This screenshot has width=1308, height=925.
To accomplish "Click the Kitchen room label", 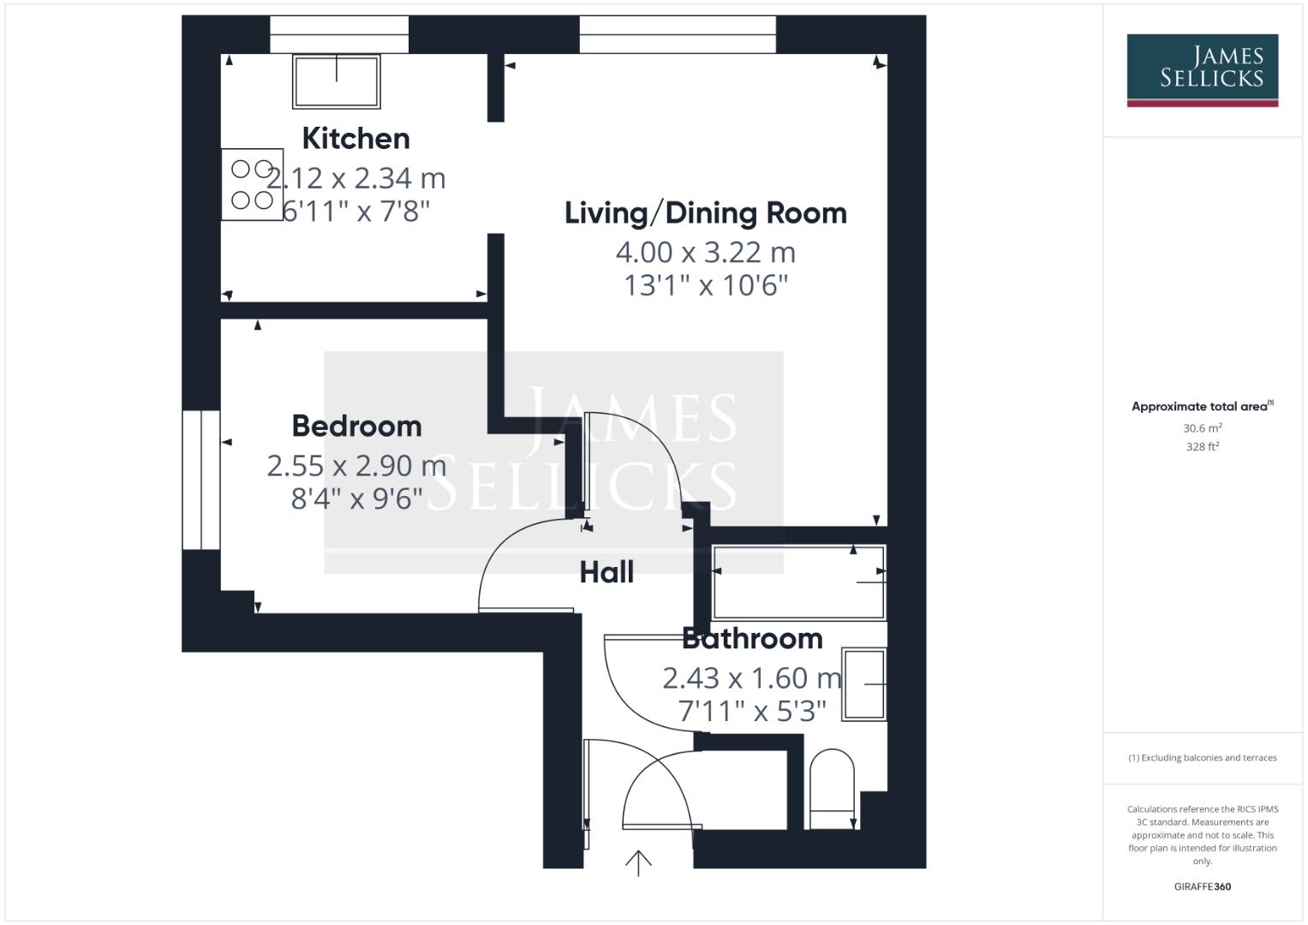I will coord(355,139).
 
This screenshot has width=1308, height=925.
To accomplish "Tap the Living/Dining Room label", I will coord(705,213).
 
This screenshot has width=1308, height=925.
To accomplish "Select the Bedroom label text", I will coord(356,426).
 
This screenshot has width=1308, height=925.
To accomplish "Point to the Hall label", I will coord(606,572).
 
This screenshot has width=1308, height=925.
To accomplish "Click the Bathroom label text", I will coord(752,638).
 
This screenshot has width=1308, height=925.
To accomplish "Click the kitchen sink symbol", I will coord(337,81).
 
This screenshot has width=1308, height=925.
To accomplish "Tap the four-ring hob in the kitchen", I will coord(252,185).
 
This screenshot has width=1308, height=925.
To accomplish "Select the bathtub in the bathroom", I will coord(798,582).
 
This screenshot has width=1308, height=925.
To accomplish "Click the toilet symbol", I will coord(832,789).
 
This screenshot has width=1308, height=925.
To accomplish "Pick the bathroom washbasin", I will coord(864,684).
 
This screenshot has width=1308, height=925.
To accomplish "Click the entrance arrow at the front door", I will coord(638,862).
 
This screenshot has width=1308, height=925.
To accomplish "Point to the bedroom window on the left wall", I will coord(201,480).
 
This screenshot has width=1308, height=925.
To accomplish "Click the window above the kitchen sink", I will coord(339,34).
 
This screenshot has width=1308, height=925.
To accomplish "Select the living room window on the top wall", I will coord(678,34).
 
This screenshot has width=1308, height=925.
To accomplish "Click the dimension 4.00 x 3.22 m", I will coord(705,253).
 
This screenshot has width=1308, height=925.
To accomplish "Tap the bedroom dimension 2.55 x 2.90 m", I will coord(356,466).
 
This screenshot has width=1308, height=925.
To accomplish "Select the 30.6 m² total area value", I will coord(1202,428).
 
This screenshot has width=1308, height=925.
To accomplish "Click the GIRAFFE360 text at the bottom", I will coord(1202,886).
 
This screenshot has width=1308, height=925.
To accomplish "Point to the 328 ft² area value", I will coord(1202,446).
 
